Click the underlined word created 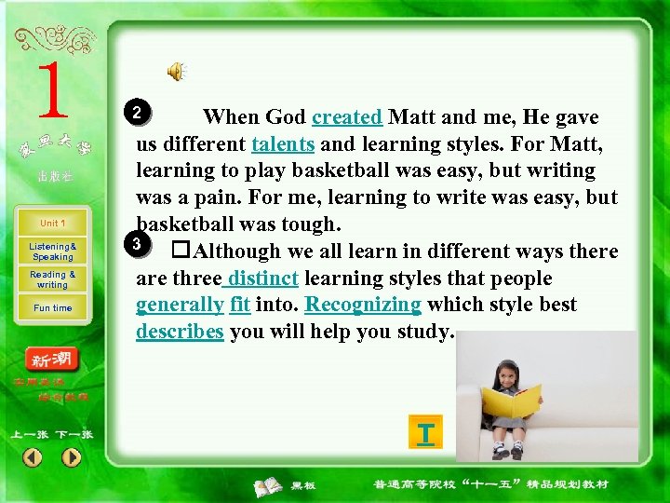347,117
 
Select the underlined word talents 285,144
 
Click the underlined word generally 180,306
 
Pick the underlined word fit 240,305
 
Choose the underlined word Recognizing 363,305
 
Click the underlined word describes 180,333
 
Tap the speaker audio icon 176,71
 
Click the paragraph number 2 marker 137,114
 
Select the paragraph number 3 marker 136,244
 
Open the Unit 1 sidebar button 52,224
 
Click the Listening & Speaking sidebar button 52,251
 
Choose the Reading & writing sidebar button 52,279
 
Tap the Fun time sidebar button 52,307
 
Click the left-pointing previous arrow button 33,457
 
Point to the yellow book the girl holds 512,400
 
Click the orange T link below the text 425,435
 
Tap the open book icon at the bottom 269,485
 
